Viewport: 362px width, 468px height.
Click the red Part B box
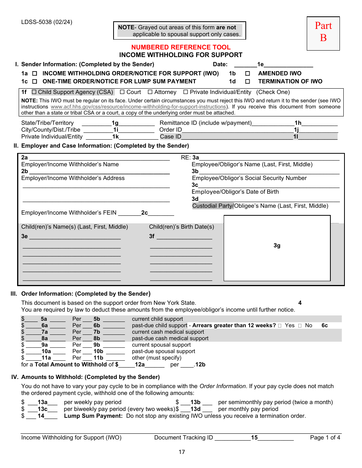tap(323, 33)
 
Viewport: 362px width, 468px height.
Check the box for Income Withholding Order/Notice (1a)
tap(35, 73)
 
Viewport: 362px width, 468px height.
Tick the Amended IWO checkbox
tap(247, 73)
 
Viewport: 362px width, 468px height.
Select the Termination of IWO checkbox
tap(247, 81)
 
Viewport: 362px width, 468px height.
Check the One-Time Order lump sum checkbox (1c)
tap(35, 81)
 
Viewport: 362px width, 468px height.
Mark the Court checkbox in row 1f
tap(122, 92)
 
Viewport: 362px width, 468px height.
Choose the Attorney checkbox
tap(150, 92)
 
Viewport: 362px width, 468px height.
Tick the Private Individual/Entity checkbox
tap(186, 92)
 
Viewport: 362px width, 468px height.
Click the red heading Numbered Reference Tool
tap(181, 47)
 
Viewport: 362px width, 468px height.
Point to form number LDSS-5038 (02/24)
tap(46, 22)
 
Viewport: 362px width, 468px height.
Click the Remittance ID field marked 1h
tap(298, 123)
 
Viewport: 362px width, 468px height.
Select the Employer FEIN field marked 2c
tap(145, 213)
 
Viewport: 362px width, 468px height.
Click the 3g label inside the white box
tap(277, 245)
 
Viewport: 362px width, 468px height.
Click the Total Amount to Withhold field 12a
tap(140, 365)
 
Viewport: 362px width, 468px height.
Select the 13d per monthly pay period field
tap(195, 409)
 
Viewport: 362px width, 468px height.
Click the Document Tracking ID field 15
tap(254, 438)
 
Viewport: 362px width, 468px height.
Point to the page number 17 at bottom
tap(182, 452)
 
